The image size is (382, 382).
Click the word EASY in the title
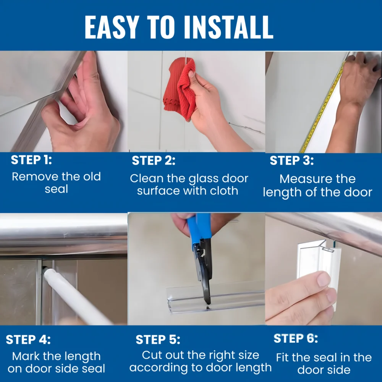click(112, 27)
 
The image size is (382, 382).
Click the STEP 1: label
click(31, 160)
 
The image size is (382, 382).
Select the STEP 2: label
click(154, 160)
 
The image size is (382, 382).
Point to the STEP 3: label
click(291, 160)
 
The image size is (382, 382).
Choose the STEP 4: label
click(28, 340)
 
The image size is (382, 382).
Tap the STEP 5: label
click(158, 340)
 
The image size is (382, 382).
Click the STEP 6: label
click(296, 338)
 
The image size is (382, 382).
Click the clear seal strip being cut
click(215, 299)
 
